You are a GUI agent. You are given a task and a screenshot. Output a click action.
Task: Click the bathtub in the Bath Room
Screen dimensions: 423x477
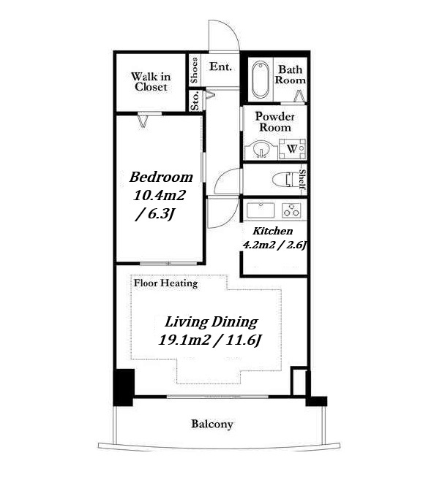[x=261, y=80]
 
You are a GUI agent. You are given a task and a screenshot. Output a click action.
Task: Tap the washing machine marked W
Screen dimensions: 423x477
[x=292, y=149]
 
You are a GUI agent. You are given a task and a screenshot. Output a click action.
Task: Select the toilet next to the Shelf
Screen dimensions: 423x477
[x=285, y=180]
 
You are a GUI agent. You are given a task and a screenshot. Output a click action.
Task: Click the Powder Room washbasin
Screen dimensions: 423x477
[x=261, y=149]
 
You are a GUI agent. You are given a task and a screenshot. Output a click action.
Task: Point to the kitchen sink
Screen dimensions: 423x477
[x=261, y=210]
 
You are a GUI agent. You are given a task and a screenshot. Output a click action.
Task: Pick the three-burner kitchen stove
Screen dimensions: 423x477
[x=292, y=210]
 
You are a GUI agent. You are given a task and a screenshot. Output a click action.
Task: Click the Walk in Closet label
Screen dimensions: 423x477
[x=151, y=82]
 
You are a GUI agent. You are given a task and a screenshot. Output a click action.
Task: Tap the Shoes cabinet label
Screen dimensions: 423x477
[x=194, y=70]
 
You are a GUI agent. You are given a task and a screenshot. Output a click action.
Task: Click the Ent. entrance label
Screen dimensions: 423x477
[x=220, y=66]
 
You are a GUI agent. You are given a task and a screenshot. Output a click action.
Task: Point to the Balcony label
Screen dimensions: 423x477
[x=212, y=424]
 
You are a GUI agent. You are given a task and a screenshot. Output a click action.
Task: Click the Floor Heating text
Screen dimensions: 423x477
[x=166, y=283]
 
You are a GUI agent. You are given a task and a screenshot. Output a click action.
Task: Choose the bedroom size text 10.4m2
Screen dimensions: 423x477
[x=160, y=195]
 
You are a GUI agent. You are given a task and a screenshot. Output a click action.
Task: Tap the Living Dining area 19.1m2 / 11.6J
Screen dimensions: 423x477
[x=210, y=340]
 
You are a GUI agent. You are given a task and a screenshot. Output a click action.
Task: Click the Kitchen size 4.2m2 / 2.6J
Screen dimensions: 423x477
[x=274, y=245]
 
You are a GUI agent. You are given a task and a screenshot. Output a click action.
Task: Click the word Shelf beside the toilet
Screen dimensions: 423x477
[x=302, y=182]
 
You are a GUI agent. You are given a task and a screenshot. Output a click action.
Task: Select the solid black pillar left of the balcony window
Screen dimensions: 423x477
[x=124, y=387]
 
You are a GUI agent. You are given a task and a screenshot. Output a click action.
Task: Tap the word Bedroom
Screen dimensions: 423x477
[x=161, y=177]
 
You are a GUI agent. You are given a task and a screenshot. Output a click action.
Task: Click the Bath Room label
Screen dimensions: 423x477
[x=290, y=75]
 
